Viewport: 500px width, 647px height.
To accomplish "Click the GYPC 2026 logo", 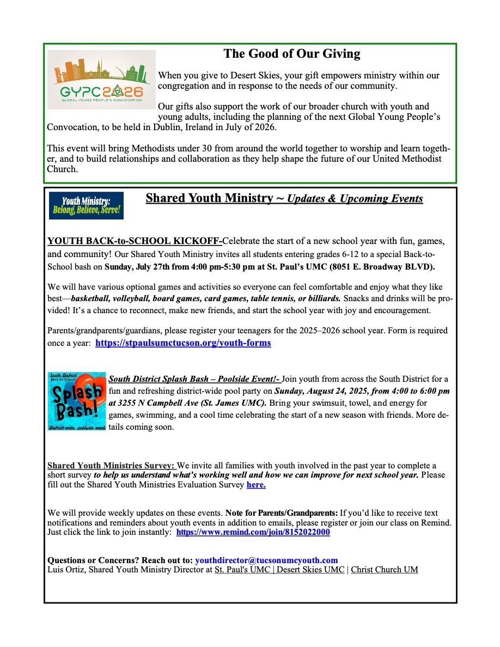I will pos(101,80).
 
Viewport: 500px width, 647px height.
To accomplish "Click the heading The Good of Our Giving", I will pos(291,53).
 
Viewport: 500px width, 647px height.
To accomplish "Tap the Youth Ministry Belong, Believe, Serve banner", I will pos(86,205).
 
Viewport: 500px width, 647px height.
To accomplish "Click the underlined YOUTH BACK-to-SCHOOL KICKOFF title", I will pos(135,241).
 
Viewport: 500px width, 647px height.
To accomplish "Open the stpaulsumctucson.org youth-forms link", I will pos(183,343).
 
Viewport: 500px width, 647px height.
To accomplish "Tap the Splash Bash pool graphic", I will pos(76,401).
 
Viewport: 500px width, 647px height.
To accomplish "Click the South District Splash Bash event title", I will pos(194,379).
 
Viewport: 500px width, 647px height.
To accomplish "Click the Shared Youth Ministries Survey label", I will pos(111,465).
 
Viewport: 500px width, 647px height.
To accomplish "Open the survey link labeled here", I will pos(256,485).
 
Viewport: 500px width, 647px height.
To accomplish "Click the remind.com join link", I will pos(253,533).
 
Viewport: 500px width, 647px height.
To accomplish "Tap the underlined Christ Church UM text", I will pos(385,570).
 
